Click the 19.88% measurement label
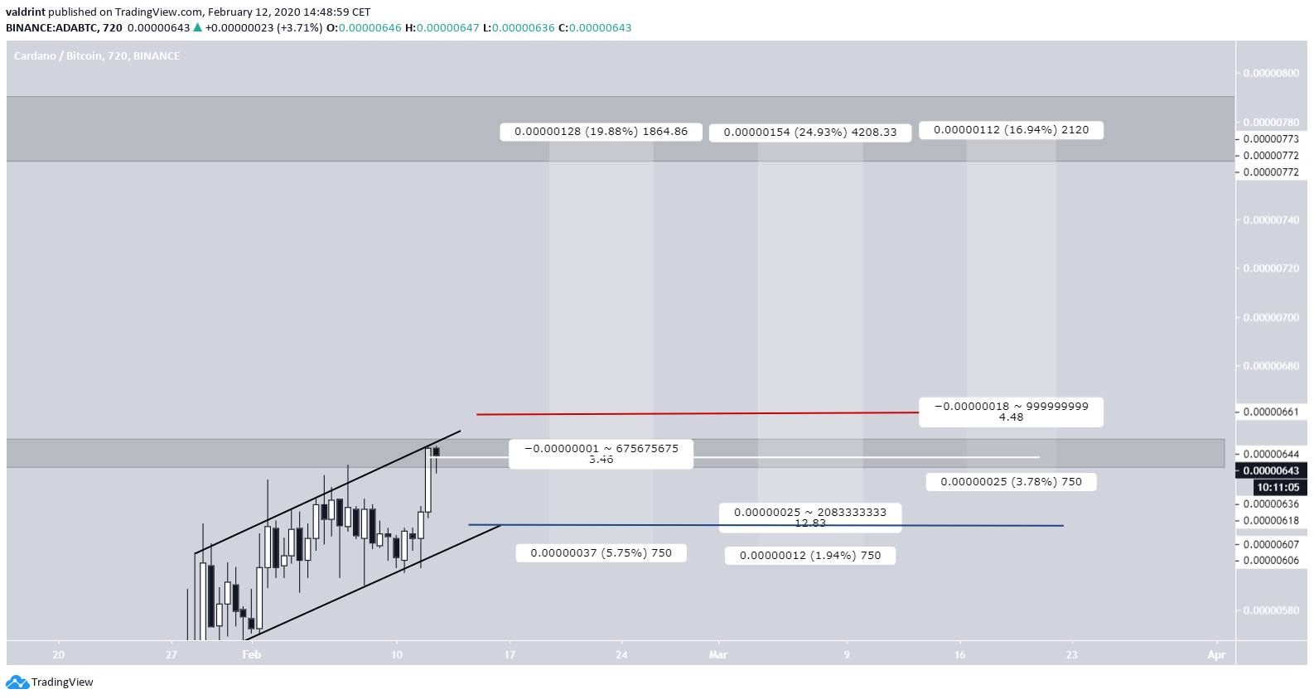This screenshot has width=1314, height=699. (x=601, y=132)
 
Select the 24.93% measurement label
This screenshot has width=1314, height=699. (x=809, y=133)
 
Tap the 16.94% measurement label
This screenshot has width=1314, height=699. (x=1011, y=130)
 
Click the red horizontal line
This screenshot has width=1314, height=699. (x=696, y=413)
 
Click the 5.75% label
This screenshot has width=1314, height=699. (x=601, y=553)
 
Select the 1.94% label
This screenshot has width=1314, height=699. (x=809, y=556)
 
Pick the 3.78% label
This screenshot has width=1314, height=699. (x=1011, y=482)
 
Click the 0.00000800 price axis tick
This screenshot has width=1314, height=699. (x=1271, y=73)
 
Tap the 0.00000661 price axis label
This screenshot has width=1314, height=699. (x=1271, y=412)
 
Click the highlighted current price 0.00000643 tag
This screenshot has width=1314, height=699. (x=1271, y=470)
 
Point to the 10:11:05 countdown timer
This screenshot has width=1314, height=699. (x=1278, y=488)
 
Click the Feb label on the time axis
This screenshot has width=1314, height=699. (x=252, y=655)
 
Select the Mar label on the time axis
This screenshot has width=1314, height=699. (x=717, y=655)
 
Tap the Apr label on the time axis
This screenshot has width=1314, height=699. (x=1216, y=655)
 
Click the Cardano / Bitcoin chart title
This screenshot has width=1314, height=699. (x=96, y=56)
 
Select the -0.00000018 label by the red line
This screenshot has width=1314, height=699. (x=1011, y=412)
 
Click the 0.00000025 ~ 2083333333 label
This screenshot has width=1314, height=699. (x=809, y=517)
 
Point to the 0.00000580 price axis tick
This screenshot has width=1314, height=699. (x=1271, y=610)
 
